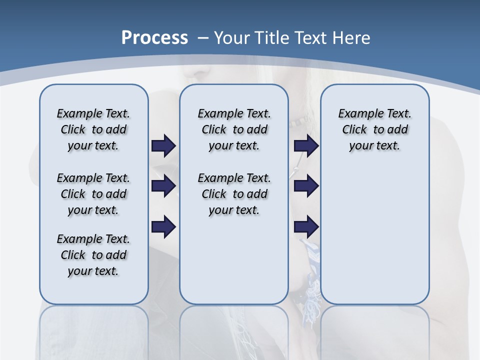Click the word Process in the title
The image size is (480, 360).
(154, 38)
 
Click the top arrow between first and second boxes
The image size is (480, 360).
(163, 145)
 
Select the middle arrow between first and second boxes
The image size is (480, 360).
(163, 186)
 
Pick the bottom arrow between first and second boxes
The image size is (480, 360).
(163, 227)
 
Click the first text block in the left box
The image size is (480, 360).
(93, 129)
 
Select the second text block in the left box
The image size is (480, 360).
(93, 194)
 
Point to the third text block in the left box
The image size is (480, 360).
(93, 255)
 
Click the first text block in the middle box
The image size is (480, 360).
(234, 129)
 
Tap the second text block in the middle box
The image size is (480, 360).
(234, 194)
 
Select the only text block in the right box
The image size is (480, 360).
(374, 129)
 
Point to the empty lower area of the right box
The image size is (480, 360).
(374, 235)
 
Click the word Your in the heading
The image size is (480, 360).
(232, 38)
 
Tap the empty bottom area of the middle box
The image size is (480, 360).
(234, 265)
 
